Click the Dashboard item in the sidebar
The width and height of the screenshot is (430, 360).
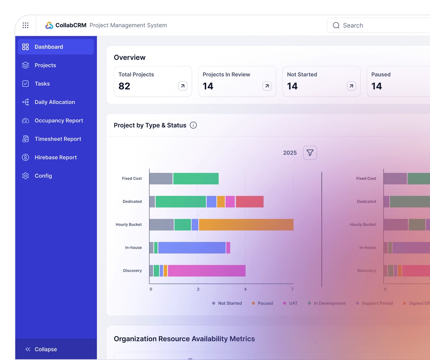coord(49,47)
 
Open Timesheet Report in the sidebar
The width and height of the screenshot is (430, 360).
coord(57,139)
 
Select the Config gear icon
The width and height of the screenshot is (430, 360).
coord(25,176)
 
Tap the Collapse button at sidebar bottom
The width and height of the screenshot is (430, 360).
coord(41,349)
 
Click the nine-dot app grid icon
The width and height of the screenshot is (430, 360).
coord(25,25)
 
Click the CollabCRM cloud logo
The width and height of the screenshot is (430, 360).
coord(49,25)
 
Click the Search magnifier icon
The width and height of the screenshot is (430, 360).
coord(336,25)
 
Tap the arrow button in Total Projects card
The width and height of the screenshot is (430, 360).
coord(183,86)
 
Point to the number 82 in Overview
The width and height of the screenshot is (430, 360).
coord(124,86)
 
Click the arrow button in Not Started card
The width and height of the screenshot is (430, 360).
coord(351,86)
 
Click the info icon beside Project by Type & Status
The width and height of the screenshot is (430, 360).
coord(194,125)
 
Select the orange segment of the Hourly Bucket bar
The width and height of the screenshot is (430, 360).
coord(246,225)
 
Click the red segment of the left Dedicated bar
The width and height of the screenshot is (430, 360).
coord(250,201)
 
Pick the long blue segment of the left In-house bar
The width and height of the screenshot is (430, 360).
coord(192,248)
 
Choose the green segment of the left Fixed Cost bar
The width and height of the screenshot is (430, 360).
coord(196,179)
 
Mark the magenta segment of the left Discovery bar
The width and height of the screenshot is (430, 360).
coord(206,271)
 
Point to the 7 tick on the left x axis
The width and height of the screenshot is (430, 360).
coord(292,289)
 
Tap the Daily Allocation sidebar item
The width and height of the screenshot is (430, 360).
coord(55,102)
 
